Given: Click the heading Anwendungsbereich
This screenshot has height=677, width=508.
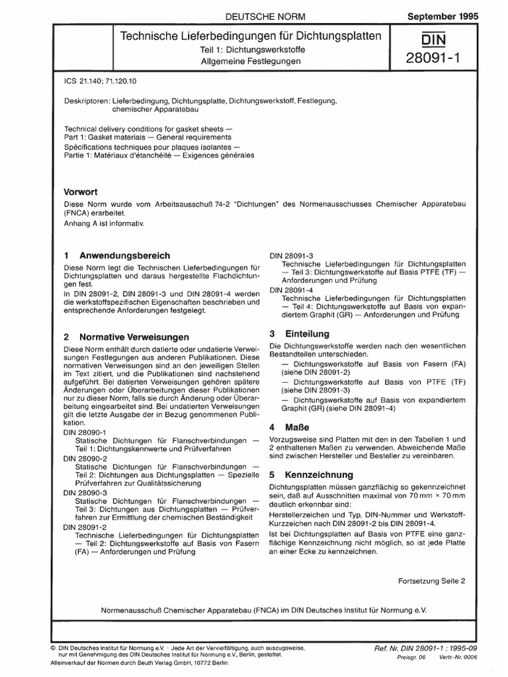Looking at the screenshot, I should tap(124, 255).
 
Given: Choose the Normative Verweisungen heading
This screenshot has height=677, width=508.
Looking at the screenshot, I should tap(133, 337).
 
